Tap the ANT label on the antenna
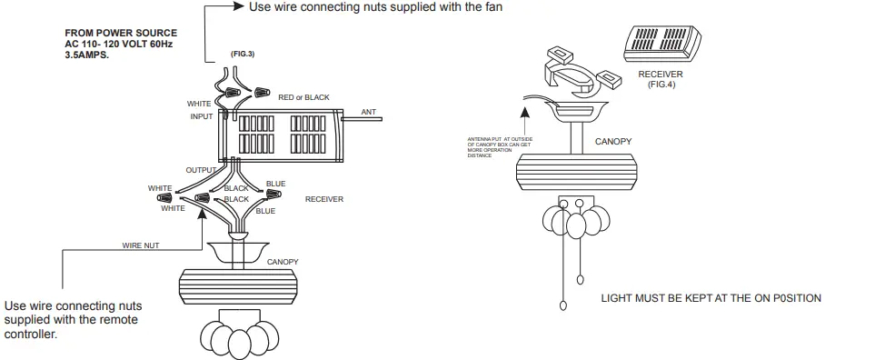tap(368, 112)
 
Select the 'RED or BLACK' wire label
tap(303, 96)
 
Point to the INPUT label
tap(201, 116)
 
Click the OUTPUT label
tap(201, 170)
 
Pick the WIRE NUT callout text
tap(141, 245)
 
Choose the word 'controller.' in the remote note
tap(31, 334)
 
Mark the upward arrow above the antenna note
tap(524, 115)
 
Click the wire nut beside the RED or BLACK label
tap(264, 92)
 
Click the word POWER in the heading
tap(108, 33)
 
